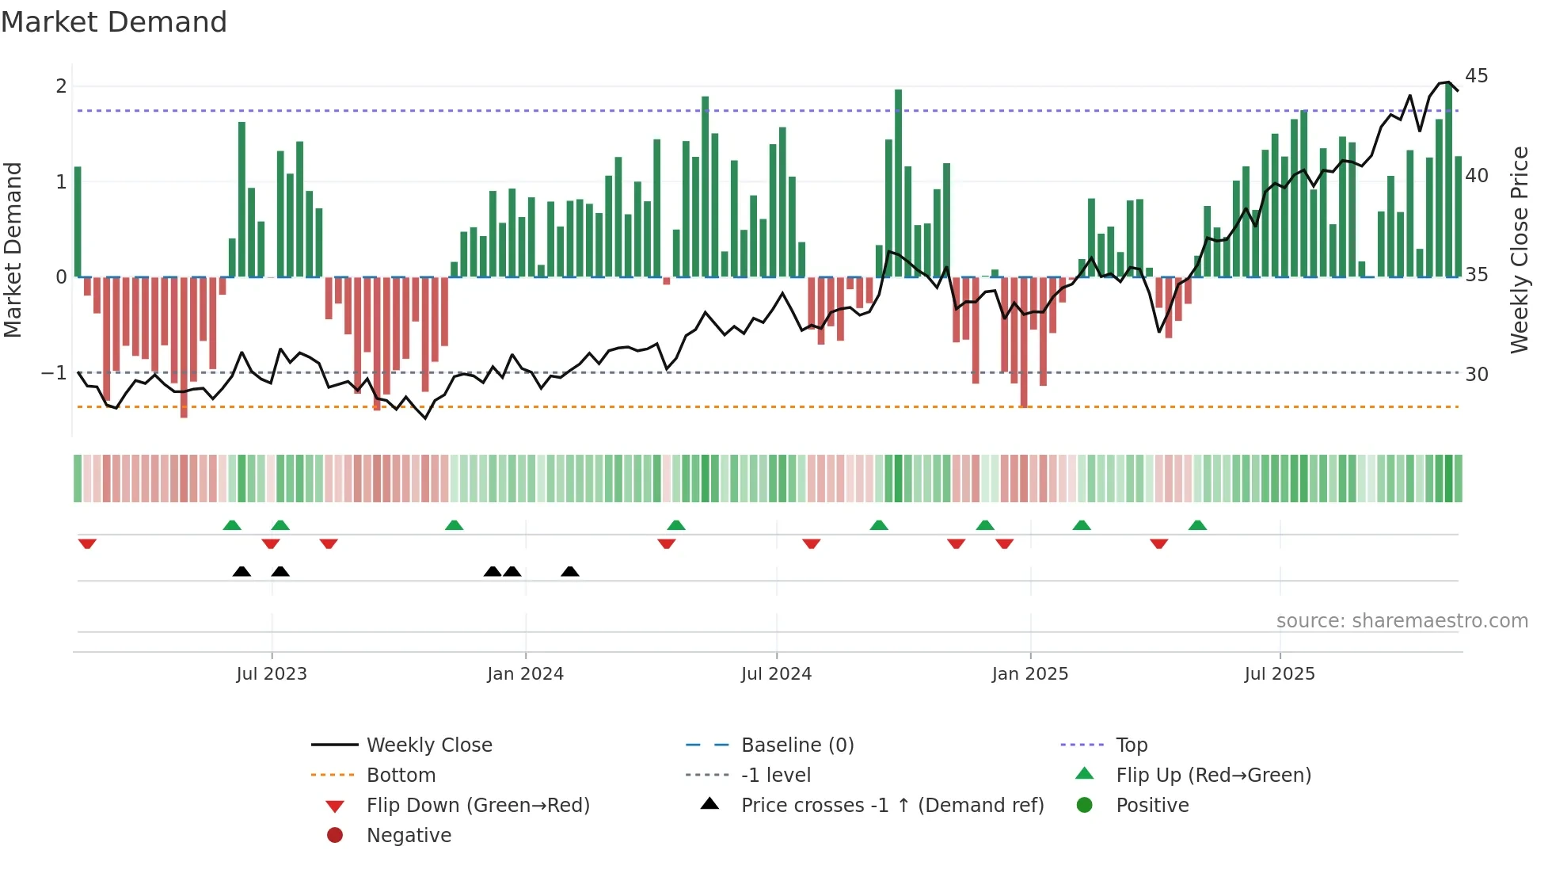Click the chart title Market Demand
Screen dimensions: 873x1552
tap(114, 22)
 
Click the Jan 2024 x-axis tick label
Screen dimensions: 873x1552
tap(525, 674)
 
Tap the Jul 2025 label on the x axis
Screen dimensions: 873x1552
tap(1279, 674)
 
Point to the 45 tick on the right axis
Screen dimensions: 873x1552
tap(1476, 76)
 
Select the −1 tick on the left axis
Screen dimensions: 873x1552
tap(54, 372)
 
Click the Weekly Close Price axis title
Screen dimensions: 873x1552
tap(1519, 250)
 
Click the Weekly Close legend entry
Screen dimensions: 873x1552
tap(428, 745)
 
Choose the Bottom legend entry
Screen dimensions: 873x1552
tap(401, 776)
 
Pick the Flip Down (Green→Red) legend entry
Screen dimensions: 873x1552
tap(477, 806)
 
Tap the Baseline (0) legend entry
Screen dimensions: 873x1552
tap(797, 745)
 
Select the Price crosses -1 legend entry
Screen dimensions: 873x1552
tap(892, 806)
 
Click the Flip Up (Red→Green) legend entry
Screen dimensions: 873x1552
tap(1213, 776)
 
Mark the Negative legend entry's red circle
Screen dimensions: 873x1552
tap(335, 836)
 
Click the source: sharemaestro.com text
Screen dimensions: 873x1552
tap(1402, 621)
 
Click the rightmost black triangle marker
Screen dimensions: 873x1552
tap(570, 571)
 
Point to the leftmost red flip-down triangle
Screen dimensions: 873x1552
tap(87, 543)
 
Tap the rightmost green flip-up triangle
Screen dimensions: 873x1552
tap(1197, 525)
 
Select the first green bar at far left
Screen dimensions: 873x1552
tap(78, 222)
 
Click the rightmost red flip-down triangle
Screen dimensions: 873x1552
tap(1159, 543)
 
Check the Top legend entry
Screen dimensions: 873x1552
tap(1131, 745)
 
